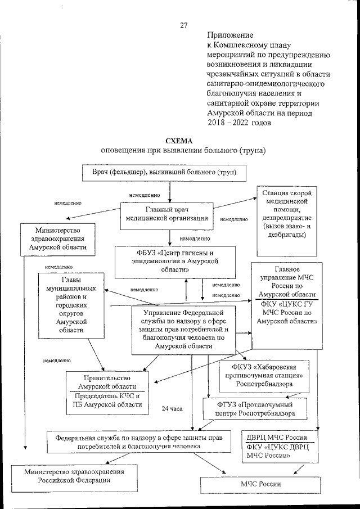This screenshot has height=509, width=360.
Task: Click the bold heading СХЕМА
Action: pos(179,141)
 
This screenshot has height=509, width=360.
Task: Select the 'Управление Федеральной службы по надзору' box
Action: pos(183,329)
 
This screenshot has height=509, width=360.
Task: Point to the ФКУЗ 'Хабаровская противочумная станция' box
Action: pos(264,376)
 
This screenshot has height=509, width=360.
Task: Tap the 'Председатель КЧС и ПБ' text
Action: pos(107,400)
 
